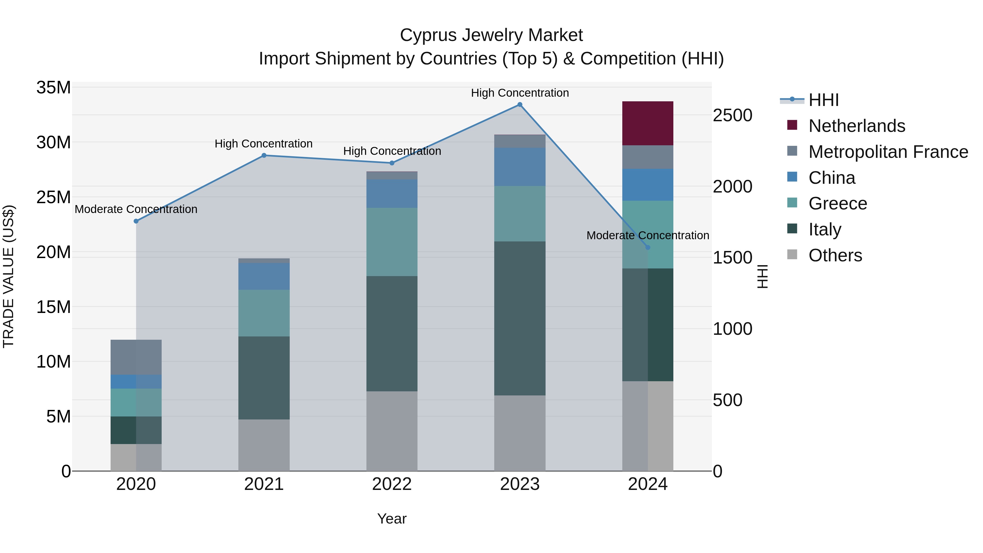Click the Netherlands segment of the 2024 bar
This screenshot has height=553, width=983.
tap(648, 123)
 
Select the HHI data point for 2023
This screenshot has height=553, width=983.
tap(520, 105)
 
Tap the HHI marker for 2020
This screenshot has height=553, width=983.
tap(136, 221)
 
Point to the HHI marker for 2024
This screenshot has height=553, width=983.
tap(648, 247)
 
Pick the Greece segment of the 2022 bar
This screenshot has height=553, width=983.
tap(392, 242)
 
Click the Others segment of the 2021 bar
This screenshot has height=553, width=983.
tap(264, 445)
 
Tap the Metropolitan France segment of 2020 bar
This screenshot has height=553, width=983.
tap(136, 357)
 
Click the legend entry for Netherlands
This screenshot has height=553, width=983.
tap(856, 126)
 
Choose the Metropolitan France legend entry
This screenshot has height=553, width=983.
tap(888, 152)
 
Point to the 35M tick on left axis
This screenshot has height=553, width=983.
tap(54, 87)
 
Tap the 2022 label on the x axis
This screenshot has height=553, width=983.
tap(392, 484)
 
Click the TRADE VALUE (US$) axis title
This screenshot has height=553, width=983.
tap(8, 276)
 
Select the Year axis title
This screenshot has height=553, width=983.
tap(392, 519)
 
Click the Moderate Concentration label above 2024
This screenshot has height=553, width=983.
tap(648, 235)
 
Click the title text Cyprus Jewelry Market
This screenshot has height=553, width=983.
tap(491, 35)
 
